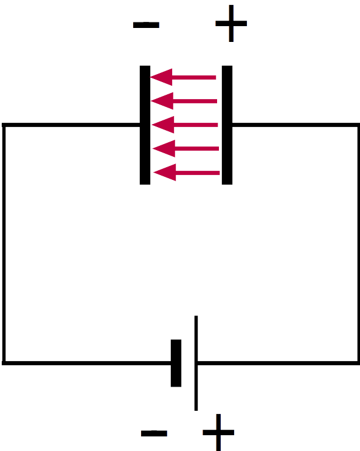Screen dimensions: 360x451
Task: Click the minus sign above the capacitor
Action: tap(146, 25)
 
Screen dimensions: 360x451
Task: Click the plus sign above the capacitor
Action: tap(231, 23)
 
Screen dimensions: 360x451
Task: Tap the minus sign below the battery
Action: tap(154, 433)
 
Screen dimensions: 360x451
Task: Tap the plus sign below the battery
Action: tap(218, 432)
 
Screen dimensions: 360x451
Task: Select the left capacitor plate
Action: tap(145, 125)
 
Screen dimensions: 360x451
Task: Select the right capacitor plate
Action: tap(227, 125)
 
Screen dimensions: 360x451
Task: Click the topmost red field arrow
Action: tap(183, 77)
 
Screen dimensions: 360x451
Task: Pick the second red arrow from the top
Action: tap(184, 101)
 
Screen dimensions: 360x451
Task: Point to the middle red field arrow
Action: tap(185, 125)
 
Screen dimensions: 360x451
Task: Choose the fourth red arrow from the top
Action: tap(186, 148)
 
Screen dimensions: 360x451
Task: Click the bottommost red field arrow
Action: tap(187, 173)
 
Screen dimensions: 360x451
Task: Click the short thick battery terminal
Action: tap(176, 363)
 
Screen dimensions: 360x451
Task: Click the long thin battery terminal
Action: tap(196, 363)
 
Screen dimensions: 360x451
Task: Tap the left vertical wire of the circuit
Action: tap(4, 244)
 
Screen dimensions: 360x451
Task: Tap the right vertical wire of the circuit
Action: tap(358, 244)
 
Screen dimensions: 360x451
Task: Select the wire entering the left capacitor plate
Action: tap(71, 125)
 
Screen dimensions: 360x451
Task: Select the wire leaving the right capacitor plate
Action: tap(296, 125)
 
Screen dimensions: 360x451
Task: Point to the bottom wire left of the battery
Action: tap(86, 363)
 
